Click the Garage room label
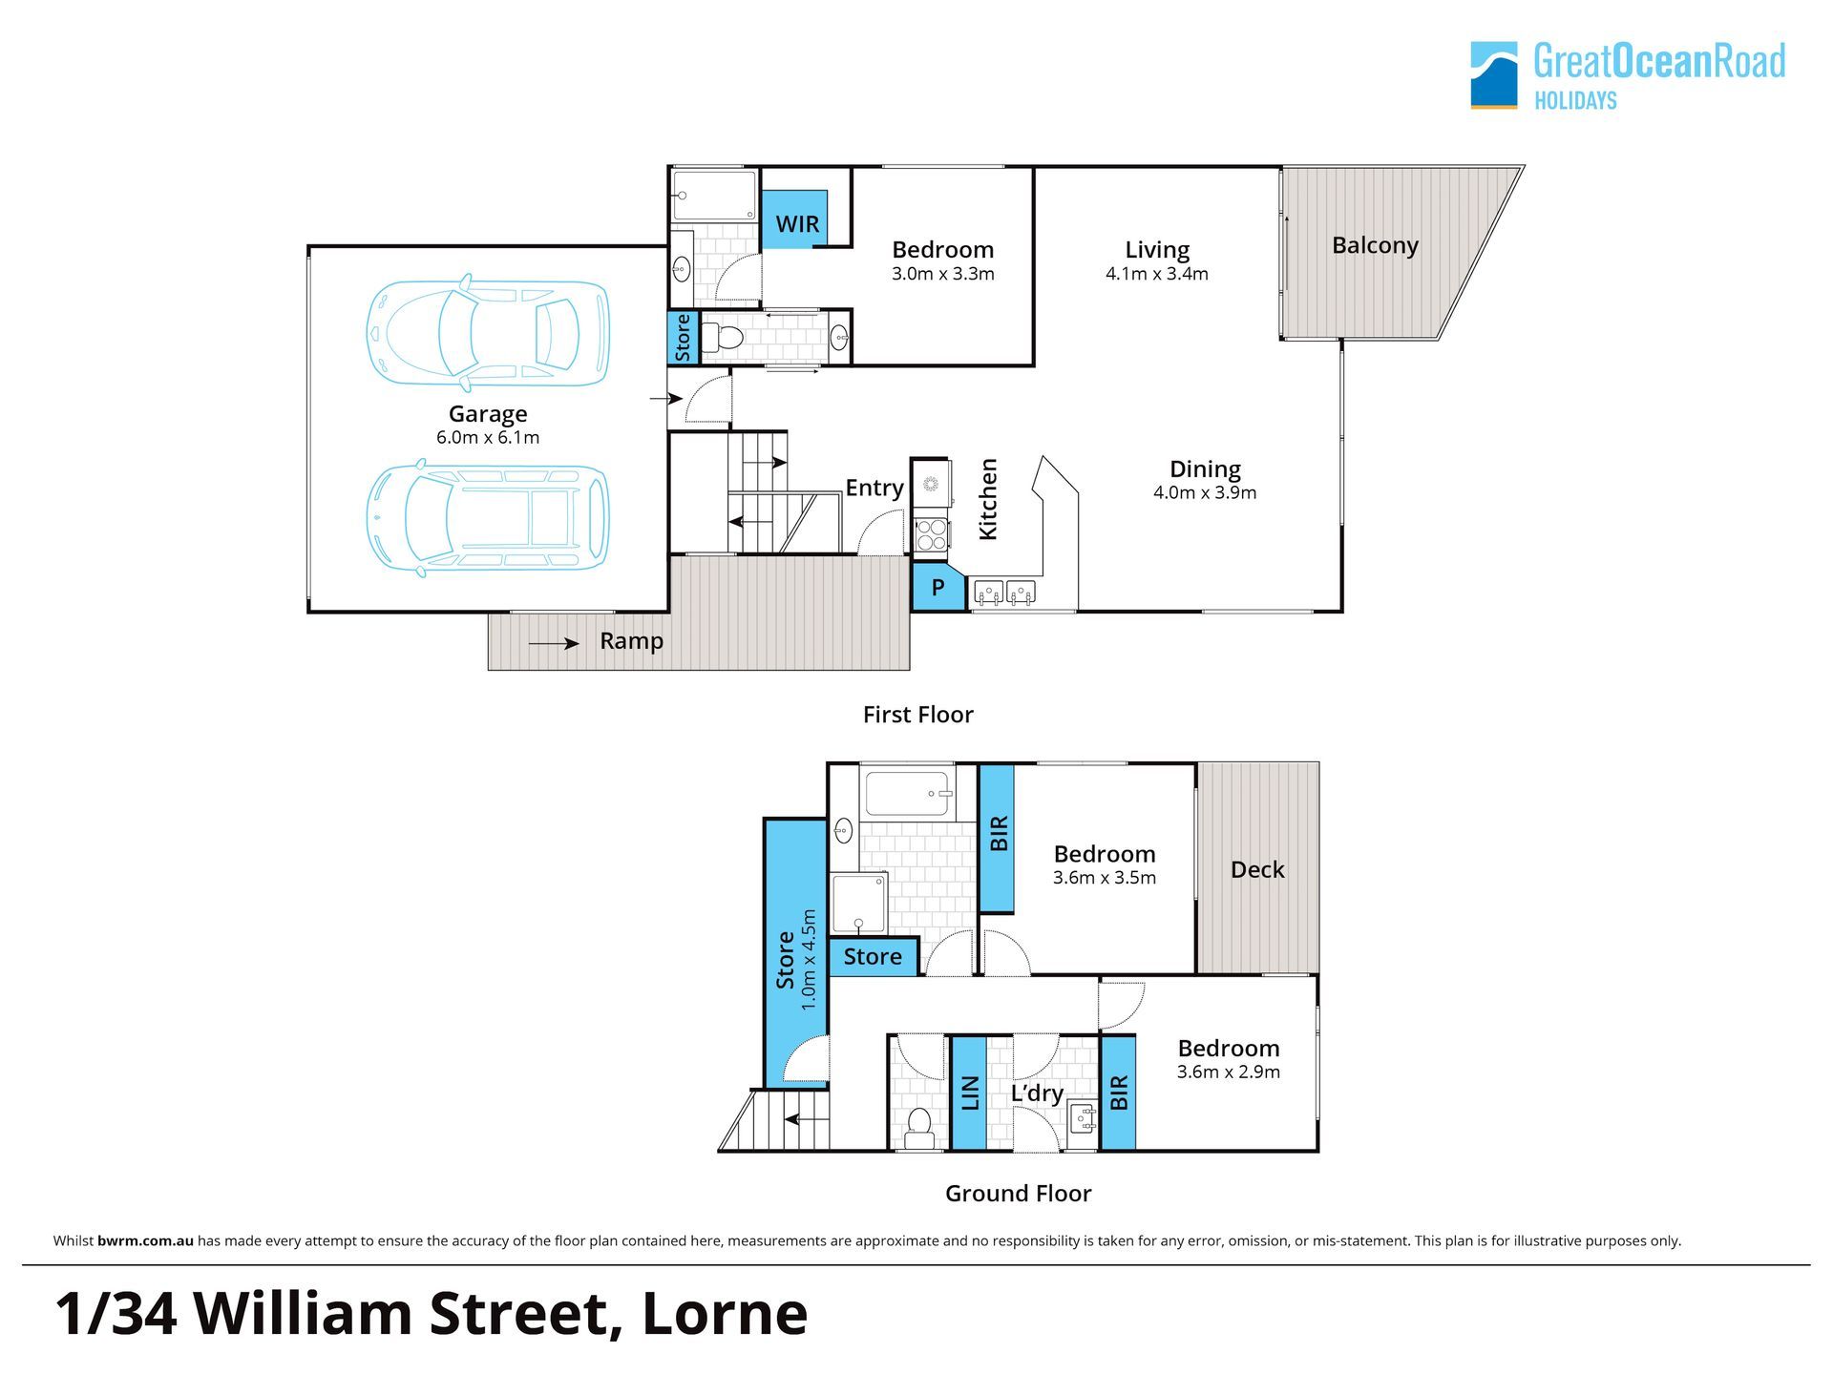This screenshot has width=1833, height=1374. click(488, 414)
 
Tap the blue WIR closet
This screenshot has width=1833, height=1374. click(794, 220)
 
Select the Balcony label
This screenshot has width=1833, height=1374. click(1375, 246)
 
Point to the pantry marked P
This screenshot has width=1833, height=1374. click(938, 587)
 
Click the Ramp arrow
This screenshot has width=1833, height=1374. click(554, 644)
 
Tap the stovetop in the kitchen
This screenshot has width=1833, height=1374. click(931, 535)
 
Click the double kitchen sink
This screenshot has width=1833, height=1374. click(1004, 593)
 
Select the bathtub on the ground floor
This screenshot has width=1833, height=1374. click(908, 793)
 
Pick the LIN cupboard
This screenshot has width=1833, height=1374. click(969, 1093)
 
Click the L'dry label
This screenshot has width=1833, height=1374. click(1037, 1093)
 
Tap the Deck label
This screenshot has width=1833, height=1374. click(1257, 870)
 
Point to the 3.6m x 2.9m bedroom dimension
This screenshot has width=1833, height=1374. click(1229, 1072)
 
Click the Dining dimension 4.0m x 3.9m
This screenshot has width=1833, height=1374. click(1205, 493)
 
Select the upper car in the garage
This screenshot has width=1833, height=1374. click(488, 333)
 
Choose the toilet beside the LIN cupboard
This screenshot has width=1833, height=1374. click(920, 1127)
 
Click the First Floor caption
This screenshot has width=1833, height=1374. click(918, 715)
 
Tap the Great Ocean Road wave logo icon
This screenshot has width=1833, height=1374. click(1494, 74)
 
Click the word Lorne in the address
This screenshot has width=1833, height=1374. click(725, 1314)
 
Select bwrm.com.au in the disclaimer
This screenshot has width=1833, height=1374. click(145, 1241)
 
